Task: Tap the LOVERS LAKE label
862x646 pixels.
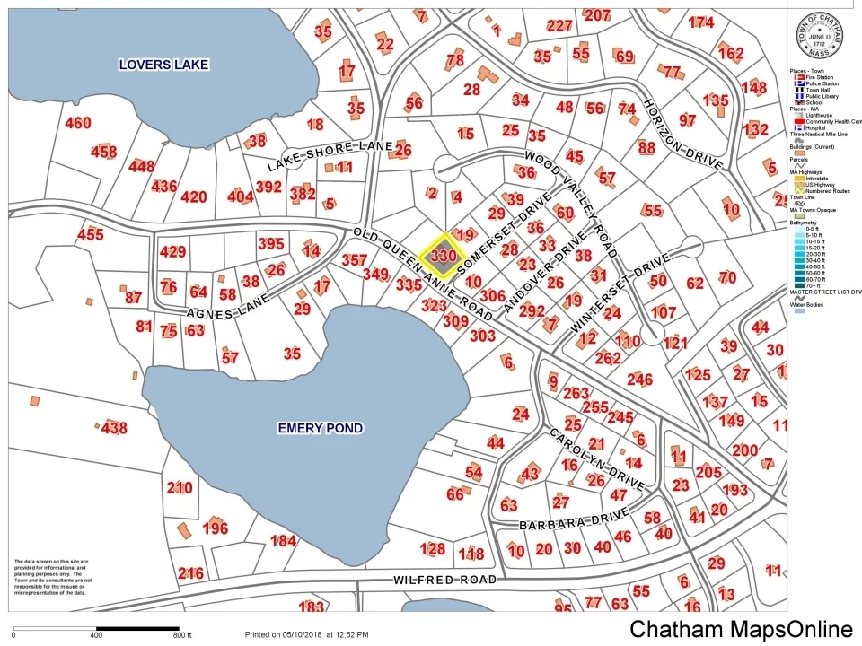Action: [x=164, y=65]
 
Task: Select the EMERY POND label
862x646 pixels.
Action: [x=320, y=428]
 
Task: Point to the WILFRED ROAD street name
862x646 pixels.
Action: [x=444, y=581]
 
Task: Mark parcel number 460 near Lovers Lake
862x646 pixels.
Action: [x=78, y=123]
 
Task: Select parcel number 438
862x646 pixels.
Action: [x=114, y=429]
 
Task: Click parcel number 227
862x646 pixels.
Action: [x=559, y=26]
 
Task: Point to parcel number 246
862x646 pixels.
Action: [x=639, y=380]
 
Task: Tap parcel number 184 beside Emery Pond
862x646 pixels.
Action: [x=283, y=540]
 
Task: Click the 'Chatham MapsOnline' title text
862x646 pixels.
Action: [x=741, y=629]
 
